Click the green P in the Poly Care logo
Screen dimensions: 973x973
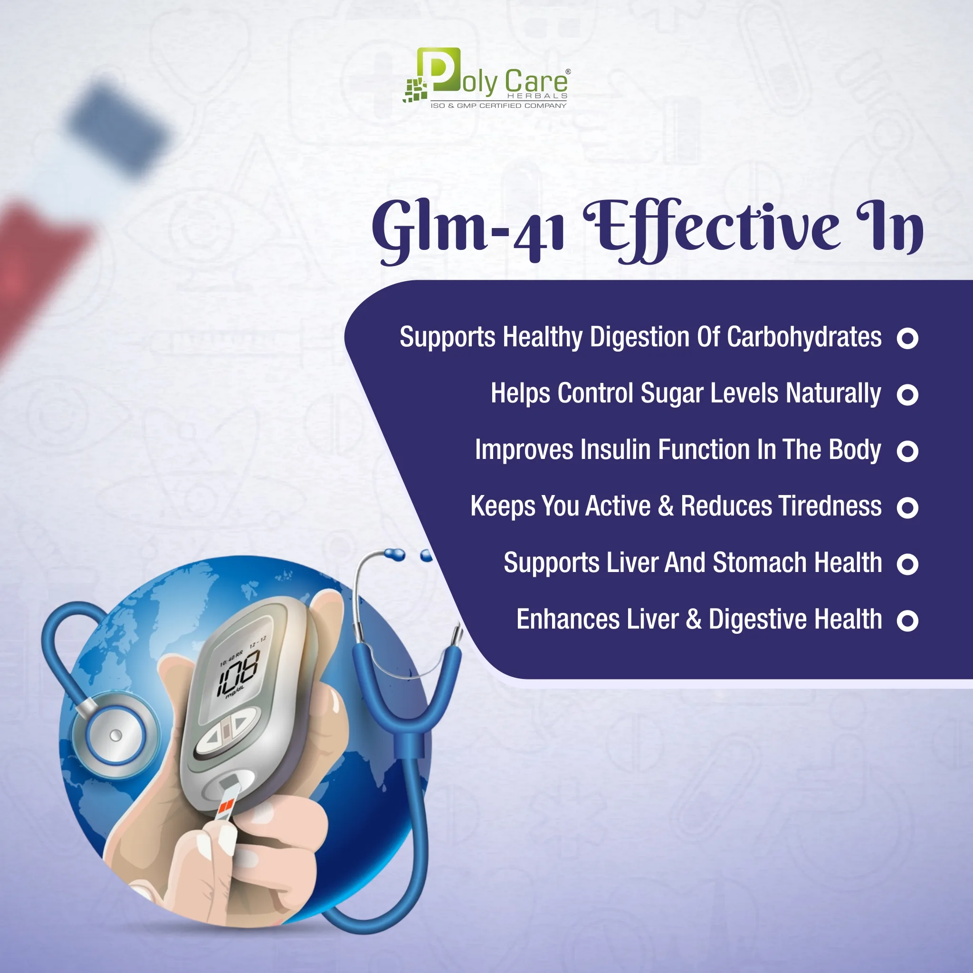(x=438, y=69)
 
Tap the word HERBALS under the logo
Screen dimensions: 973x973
(x=537, y=95)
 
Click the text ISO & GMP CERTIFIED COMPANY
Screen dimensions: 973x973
(x=498, y=106)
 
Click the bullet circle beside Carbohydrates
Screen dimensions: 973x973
(x=907, y=338)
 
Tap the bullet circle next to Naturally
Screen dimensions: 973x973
(x=907, y=394)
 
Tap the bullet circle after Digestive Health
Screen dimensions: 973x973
(x=907, y=620)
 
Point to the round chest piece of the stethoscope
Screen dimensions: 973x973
(x=115, y=736)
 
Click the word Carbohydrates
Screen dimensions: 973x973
(x=804, y=337)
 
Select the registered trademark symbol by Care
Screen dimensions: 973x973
(x=568, y=72)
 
